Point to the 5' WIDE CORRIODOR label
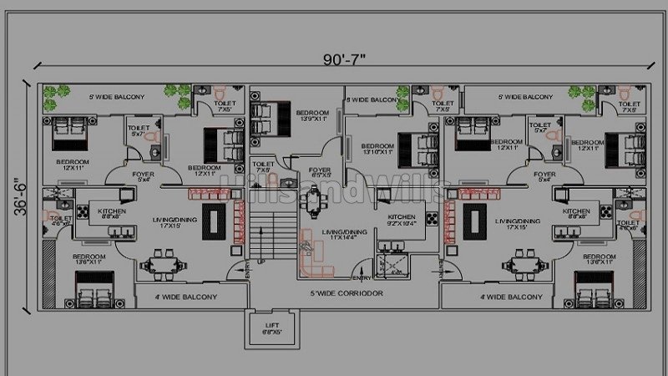coord(346,294)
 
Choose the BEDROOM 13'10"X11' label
coord(377,148)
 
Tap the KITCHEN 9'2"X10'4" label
coord(401,221)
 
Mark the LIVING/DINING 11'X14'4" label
coord(344,235)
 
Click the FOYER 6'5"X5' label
coord(320,173)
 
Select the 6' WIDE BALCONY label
coord(372,99)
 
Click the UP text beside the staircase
coord(261,262)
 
